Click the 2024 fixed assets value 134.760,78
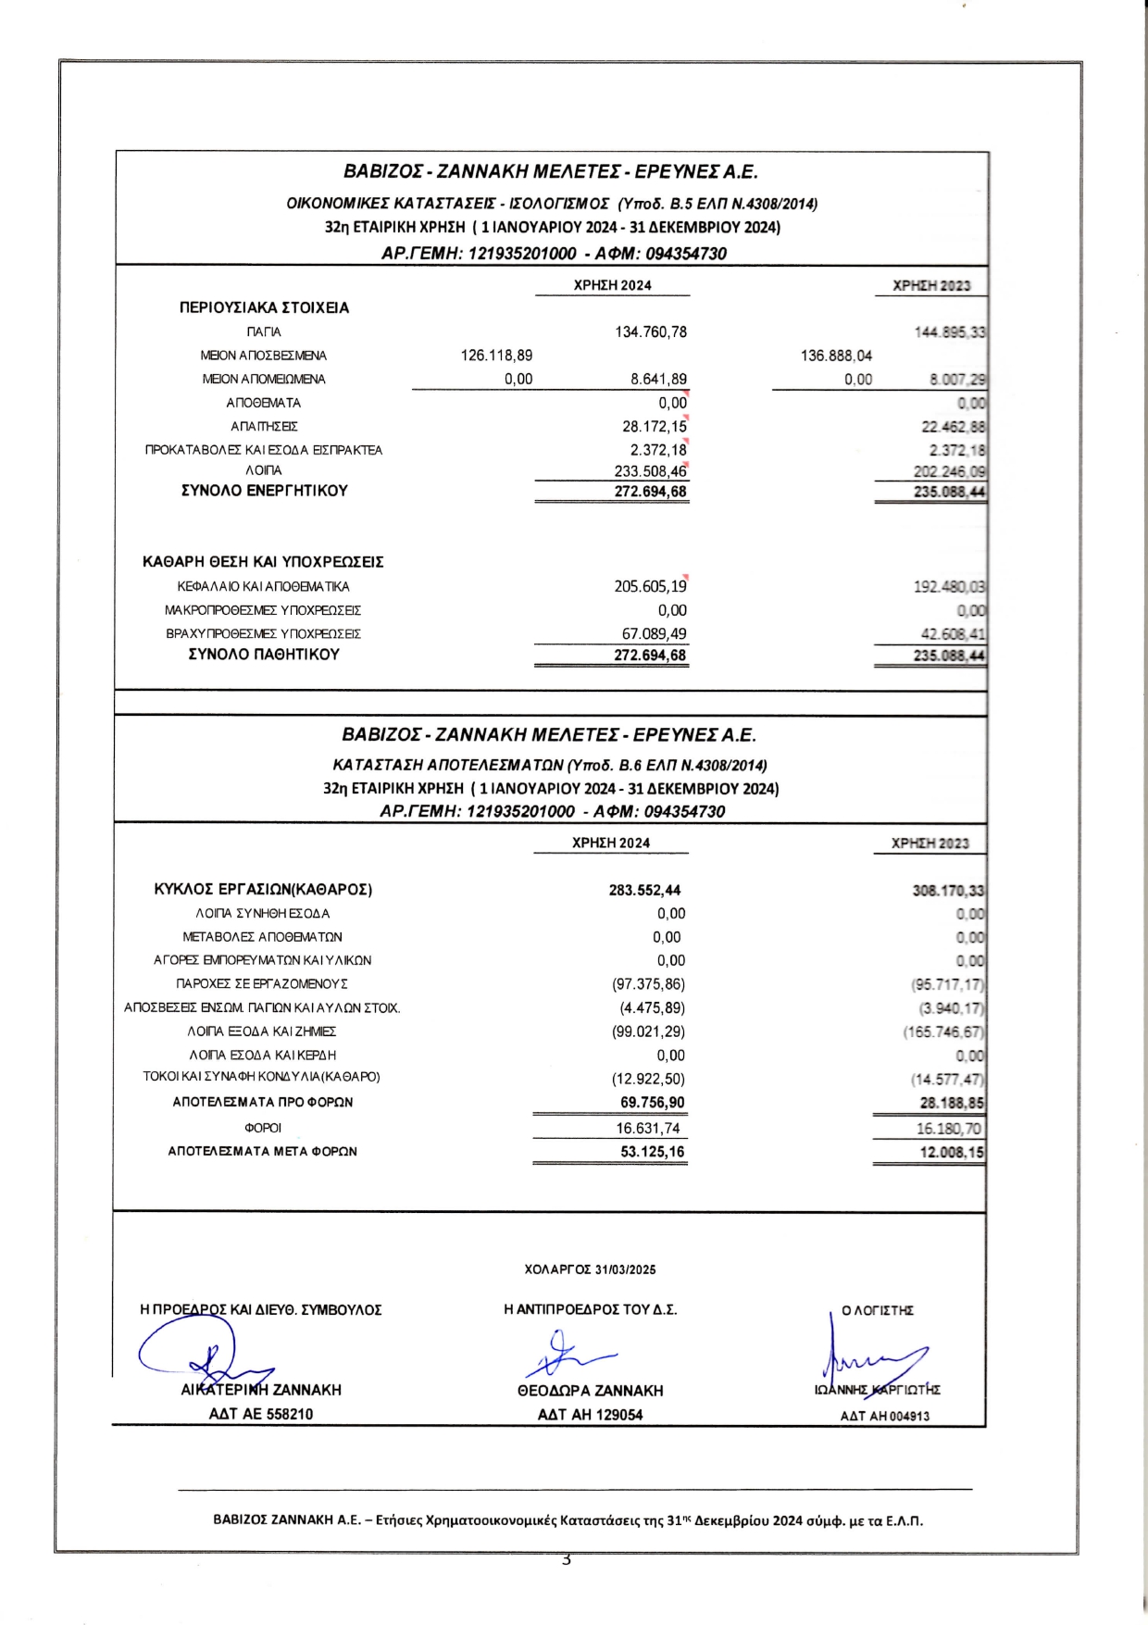[x=651, y=332]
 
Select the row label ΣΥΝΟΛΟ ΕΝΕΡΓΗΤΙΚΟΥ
[x=264, y=491]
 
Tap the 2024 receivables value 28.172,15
[x=654, y=427]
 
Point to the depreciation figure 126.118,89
[x=496, y=356]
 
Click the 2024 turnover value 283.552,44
[x=644, y=890]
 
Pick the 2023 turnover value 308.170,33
[x=948, y=891]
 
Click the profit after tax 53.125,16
[x=652, y=1152]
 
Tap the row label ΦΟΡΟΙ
[x=263, y=1128]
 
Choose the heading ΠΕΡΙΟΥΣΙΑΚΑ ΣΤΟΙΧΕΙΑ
[x=264, y=307]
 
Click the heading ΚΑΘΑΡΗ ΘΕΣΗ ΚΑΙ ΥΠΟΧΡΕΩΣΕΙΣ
[x=263, y=562]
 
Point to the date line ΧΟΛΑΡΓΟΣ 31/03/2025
[x=590, y=1269]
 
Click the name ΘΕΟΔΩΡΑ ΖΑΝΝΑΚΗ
[x=590, y=1391]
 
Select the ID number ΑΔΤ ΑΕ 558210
[x=261, y=1414]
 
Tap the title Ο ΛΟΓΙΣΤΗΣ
[x=877, y=1310]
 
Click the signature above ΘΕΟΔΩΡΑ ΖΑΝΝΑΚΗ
[x=567, y=1356]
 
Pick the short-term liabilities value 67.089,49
[x=654, y=634]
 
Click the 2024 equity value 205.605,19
[x=650, y=587]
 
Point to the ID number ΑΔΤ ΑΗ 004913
[x=884, y=1416]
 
